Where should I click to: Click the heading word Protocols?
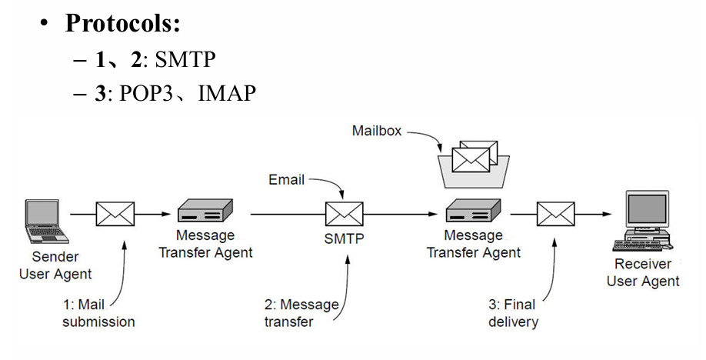(x=122, y=22)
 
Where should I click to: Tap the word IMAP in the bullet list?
(x=226, y=94)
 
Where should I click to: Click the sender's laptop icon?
(x=44, y=222)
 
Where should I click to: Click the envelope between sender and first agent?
(x=115, y=214)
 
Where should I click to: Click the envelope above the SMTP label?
(x=344, y=214)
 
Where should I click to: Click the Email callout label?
(x=286, y=180)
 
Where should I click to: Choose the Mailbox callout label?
(x=377, y=131)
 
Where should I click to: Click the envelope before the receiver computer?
(x=555, y=214)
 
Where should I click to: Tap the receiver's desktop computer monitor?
(x=645, y=212)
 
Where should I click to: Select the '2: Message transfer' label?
(x=301, y=313)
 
